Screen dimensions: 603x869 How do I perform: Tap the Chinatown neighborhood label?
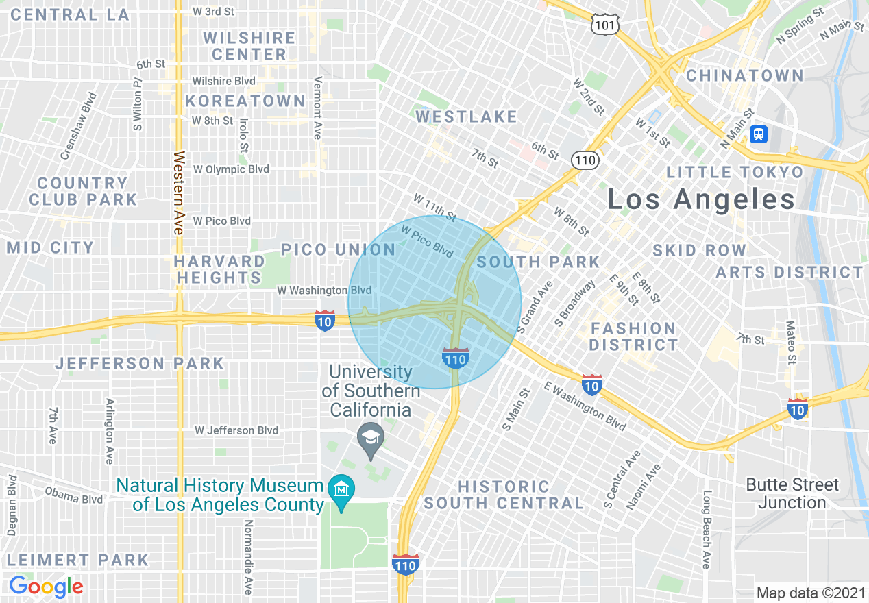[744, 75]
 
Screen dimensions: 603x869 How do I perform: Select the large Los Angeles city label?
[701, 199]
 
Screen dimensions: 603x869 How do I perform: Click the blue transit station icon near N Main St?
[758, 134]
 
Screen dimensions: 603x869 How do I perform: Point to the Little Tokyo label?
[735, 172]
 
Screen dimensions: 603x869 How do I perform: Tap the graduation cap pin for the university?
[371, 436]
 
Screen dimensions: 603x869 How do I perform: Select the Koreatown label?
[245, 101]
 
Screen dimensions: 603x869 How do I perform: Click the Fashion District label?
[633, 336]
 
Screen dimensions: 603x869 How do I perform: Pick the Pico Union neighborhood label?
[339, 249]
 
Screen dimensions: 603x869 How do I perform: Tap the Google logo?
[46, 587]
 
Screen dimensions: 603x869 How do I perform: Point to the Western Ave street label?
[179, 193]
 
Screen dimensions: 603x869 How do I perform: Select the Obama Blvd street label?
[73, 495]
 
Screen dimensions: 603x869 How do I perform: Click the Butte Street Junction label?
[792, 493]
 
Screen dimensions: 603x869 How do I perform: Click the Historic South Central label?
[504, 495]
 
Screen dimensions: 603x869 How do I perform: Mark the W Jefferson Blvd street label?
[236, 430]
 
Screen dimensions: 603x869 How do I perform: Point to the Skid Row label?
[699, 250]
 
